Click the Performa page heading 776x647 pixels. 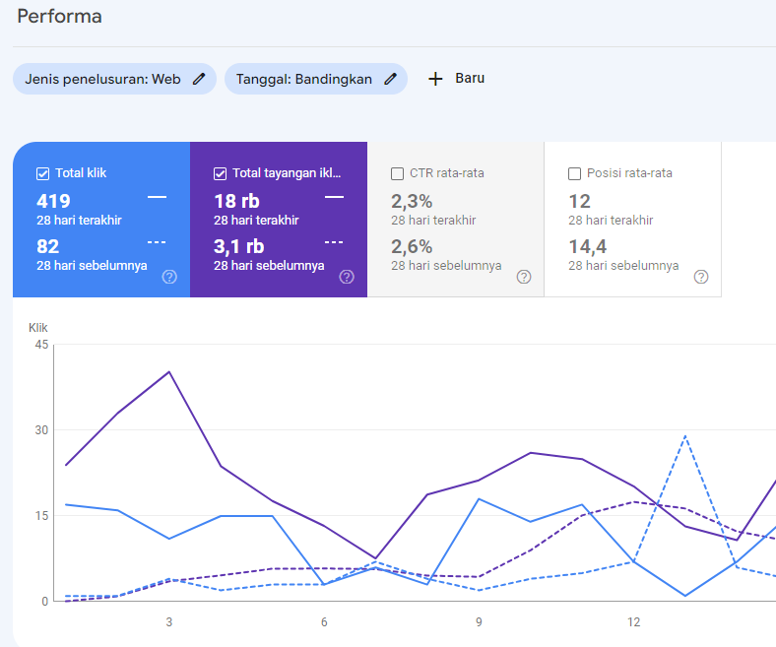[59, 17]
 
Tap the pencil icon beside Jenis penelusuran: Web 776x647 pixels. [199, 79]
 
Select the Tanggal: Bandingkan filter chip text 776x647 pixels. [303, 79]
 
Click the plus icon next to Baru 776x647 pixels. [435, 79]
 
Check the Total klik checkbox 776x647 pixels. [42, 173]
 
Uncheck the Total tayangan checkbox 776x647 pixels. [220, 173]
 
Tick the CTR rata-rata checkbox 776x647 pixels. [397, 173]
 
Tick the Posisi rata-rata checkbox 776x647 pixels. [574, 173]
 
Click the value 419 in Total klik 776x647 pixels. [53, 202]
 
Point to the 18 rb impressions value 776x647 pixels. [236, 202]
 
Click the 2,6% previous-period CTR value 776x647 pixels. [412, 246]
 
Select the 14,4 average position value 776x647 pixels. [587, 246]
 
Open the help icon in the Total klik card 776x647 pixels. [169, 277]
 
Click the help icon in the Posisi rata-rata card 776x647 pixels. [701, 277]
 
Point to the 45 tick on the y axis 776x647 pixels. [40, 344]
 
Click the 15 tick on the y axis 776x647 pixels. [40, 515]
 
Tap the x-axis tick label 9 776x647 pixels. [479, 622]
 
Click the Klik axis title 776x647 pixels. [37, 327]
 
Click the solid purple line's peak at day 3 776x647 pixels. [169, 371]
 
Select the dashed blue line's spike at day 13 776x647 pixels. [685, 435]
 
